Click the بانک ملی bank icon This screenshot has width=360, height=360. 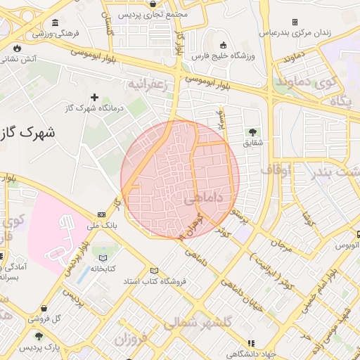point(102,214)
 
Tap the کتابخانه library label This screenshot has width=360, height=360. point(102,268)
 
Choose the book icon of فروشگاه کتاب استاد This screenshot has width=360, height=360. point(155,271)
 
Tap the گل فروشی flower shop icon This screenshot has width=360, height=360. point(45,307)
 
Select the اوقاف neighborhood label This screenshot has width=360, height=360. point(276,169)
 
